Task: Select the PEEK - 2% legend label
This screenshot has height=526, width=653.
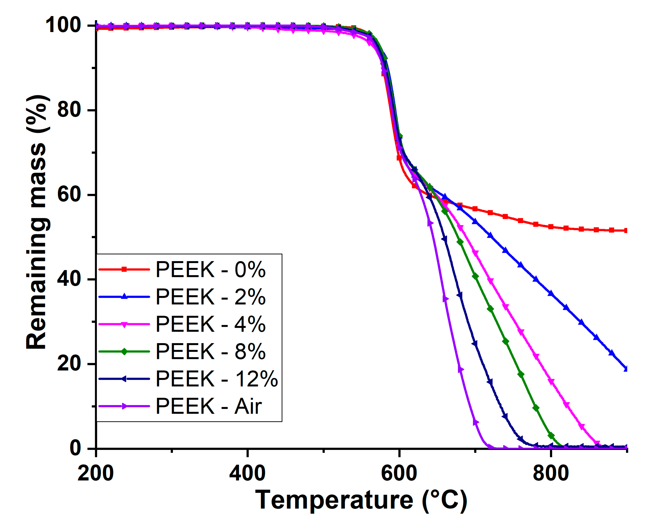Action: click(210, 297)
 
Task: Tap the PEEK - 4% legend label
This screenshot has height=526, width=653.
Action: click(210, 324)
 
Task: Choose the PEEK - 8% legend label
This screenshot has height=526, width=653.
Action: click(210, 352)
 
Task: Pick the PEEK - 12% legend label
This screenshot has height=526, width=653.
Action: click(216, 379)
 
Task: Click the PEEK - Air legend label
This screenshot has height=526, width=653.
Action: click(209, 406)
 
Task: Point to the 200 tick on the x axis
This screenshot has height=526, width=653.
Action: click(96, 473)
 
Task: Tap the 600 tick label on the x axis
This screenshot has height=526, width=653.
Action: click(399, 473)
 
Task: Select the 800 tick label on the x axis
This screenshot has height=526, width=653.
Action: click(551, 473)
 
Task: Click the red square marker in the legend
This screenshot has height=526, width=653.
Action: click(124, 269)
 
